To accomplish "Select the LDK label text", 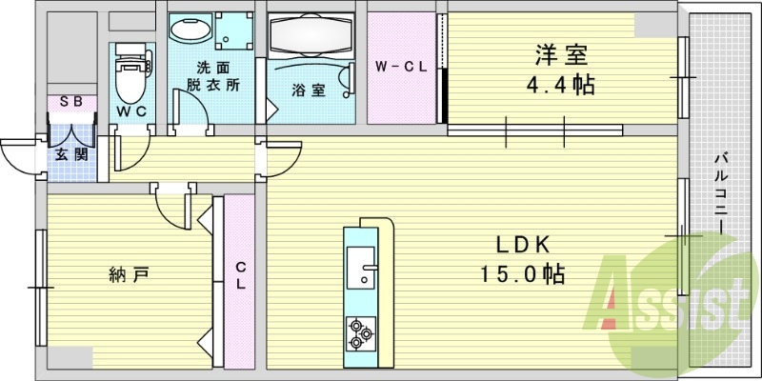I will pyautogui.click(x=522, y=244).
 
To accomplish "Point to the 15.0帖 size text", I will pyautogui.click(x=522, y=275).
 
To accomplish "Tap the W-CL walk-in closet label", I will pyautogui.click(x=399, y=67).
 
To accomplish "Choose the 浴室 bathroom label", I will pyautogui.click(x=309, y=90).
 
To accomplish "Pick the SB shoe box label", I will pyautogui.click(x=70, y=102).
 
